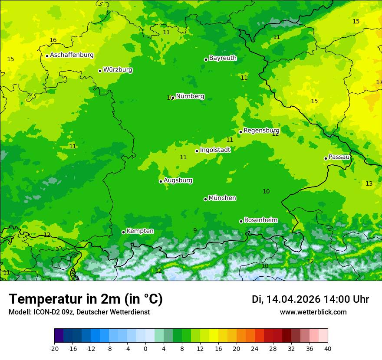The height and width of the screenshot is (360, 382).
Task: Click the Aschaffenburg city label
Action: coord(72,55)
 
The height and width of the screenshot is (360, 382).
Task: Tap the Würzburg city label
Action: coord(118,70)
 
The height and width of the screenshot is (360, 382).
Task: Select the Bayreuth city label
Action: coord(223,58)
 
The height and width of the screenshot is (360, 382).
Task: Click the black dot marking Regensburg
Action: coord(240,132)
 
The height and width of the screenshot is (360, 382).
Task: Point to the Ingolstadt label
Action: coord(215,150)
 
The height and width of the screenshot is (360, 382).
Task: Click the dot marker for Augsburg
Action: coord(161,181)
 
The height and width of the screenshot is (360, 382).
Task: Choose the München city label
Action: coord(222,198)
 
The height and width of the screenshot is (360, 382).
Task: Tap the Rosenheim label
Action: coord(260,220)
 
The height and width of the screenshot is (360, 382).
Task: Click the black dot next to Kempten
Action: coord(123,232)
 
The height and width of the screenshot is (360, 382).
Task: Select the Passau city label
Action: coord(339,157)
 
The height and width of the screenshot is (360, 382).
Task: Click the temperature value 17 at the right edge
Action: coord(379,82)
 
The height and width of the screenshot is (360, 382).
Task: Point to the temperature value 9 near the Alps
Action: coord(195,230)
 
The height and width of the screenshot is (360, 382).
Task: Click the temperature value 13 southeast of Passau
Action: coord(369,184)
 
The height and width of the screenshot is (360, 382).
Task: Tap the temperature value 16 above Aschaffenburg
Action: coord(53,40)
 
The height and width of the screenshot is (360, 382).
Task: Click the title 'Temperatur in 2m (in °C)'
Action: coord(86,299)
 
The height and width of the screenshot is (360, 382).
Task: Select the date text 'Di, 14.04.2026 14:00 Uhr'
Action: coord(310,299)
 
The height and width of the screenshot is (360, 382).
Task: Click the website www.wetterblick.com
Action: coord(313,312)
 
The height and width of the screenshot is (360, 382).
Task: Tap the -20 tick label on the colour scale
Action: coord(54,348)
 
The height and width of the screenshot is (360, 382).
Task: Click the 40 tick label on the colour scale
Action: coord(327,348)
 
